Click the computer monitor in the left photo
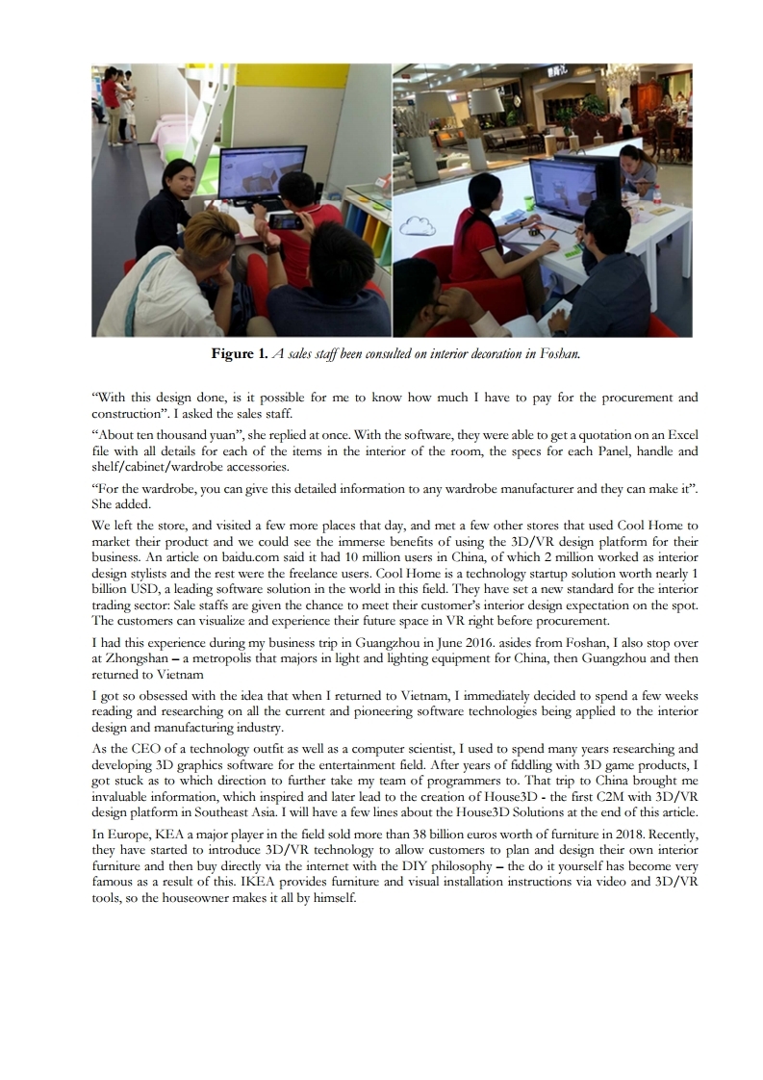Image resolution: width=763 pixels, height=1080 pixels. tap(260, 183)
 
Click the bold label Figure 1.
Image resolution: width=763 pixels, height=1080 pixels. tap(240, 354)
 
